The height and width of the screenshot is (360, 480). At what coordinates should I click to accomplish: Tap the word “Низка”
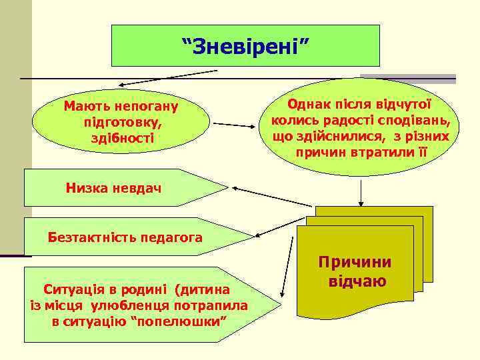point(88,189)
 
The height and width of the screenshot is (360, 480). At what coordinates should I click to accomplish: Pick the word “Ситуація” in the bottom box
point(72,291)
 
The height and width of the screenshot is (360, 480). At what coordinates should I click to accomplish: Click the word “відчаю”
point(356,280)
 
